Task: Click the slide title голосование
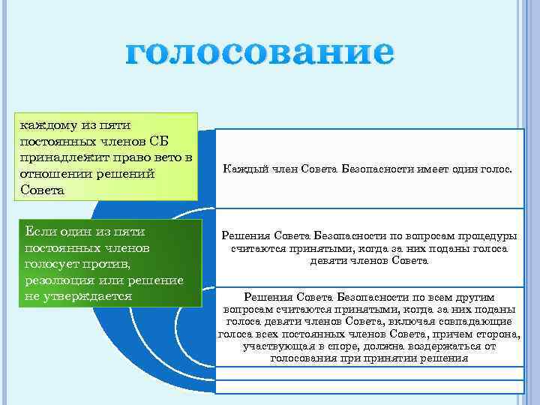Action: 259,54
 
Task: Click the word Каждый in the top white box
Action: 242,169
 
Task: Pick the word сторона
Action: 499,334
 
